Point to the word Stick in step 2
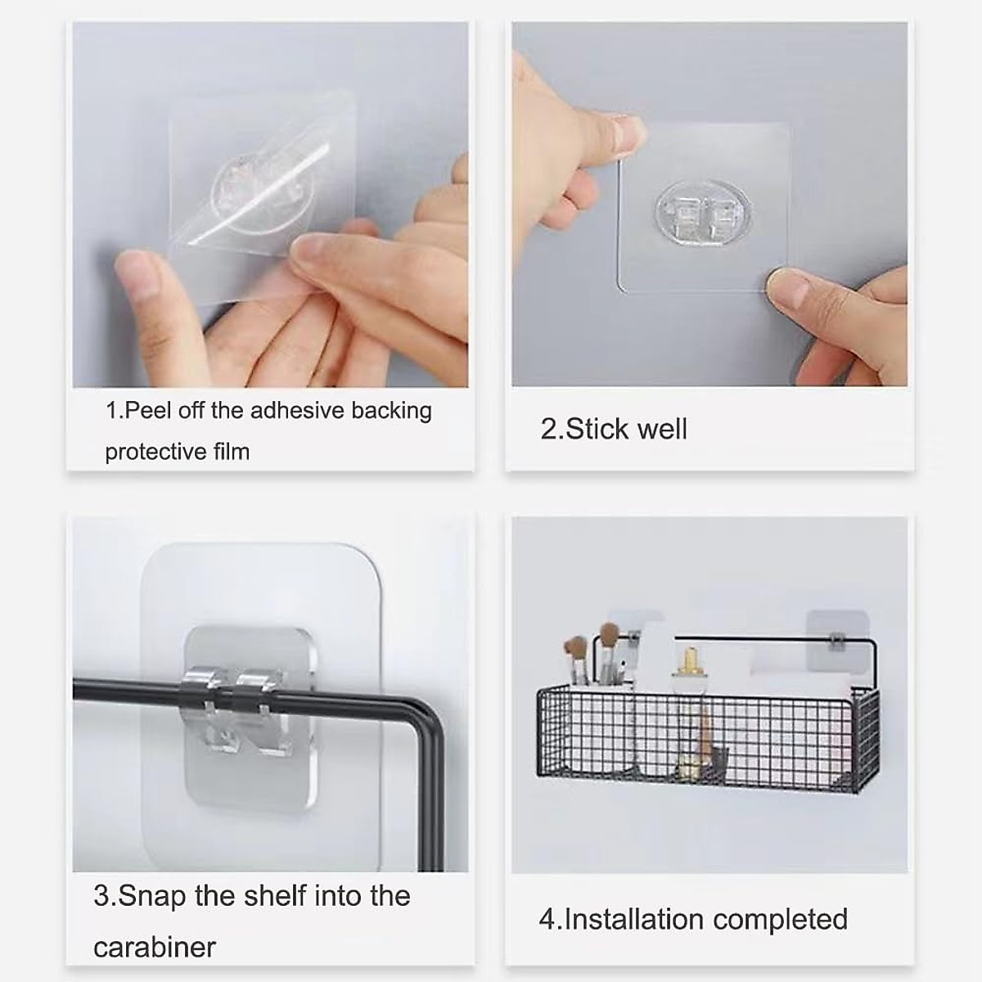click(x=597, y=429)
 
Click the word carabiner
click(x=155, y=947)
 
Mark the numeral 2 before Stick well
click(x=547, y=429)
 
